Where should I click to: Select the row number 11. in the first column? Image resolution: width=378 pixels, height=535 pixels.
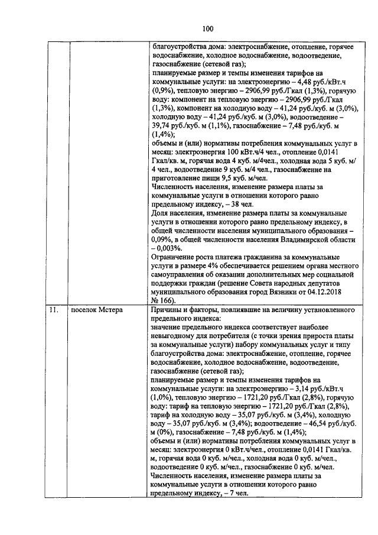click(x=54, y=310)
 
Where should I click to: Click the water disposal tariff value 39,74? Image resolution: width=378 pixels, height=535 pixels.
click(x=160, y=125)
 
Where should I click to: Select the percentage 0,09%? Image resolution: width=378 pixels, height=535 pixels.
click(x=162, y=241)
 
